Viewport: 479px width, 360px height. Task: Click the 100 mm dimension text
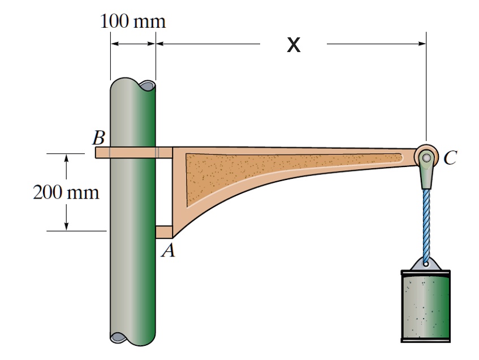coord(133,22)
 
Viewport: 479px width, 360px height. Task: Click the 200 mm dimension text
coord(66,192)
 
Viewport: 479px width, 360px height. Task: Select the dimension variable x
coord(293,45)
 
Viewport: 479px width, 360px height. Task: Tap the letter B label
coord(100,138)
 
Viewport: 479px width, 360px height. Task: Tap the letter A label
coord(167,250)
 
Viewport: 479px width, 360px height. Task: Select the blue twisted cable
coord(426,224)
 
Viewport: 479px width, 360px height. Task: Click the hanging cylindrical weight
coord(425,306)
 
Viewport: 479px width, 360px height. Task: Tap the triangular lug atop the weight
coord(426,264)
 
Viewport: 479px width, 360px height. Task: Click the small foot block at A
coord(163,232)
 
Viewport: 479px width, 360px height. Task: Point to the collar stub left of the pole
coord(102,153)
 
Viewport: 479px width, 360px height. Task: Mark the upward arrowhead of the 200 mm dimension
coord(67,158)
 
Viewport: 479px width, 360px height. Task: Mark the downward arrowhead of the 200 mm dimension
coord(67,226)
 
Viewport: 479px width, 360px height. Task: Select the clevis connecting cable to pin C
coord(425,177)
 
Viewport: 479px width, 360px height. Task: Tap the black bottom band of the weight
coord(425,340)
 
